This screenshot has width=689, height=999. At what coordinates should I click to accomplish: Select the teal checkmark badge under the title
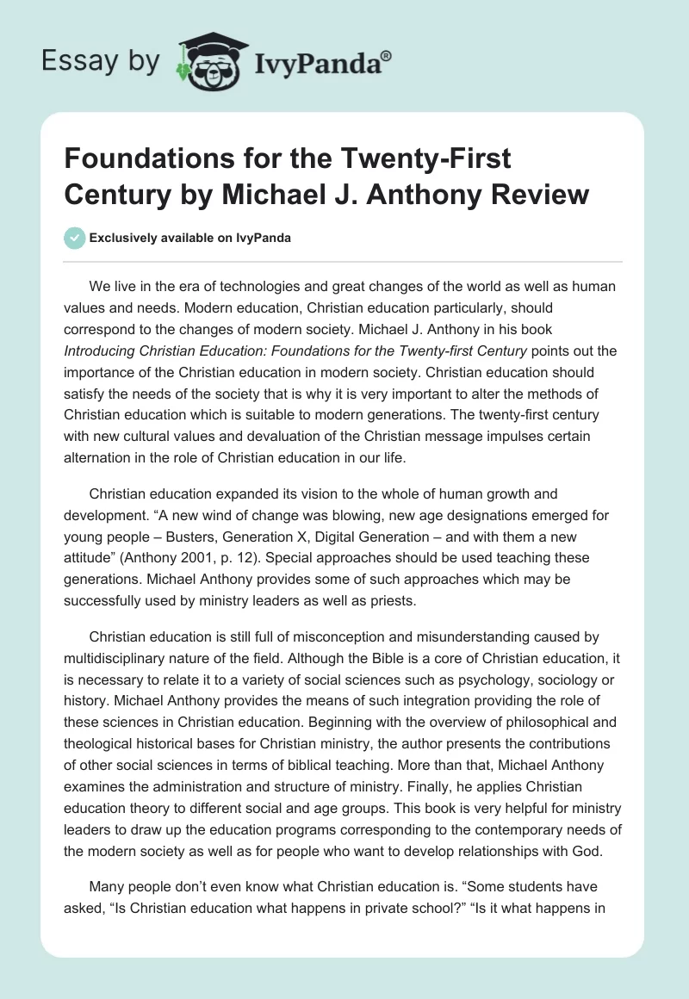76,238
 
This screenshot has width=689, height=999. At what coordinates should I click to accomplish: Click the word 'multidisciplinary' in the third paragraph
117,660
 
